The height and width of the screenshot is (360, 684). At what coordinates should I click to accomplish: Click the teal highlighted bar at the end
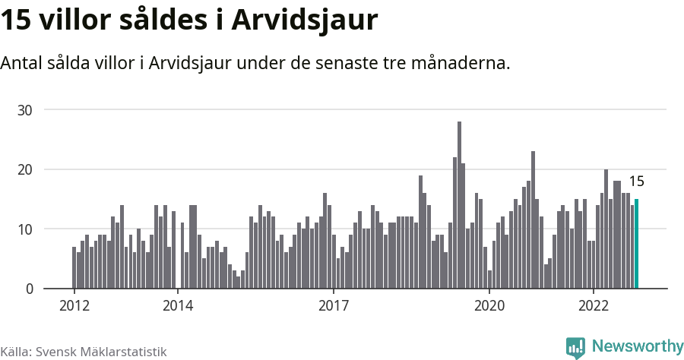636,244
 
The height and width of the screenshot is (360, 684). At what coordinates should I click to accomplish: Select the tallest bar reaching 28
459,205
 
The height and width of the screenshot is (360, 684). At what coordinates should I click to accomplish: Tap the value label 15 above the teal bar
636,182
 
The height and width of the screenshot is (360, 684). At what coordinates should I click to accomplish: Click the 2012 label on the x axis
74,306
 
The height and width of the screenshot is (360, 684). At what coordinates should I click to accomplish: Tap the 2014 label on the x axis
177,306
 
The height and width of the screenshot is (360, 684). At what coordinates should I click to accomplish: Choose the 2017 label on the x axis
333,306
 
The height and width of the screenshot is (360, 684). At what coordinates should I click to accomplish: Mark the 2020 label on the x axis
489,306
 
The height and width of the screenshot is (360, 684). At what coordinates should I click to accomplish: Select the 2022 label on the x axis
593,306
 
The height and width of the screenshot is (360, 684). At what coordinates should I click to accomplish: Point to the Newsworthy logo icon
575,347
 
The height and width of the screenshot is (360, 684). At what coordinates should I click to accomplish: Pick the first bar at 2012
74,267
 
